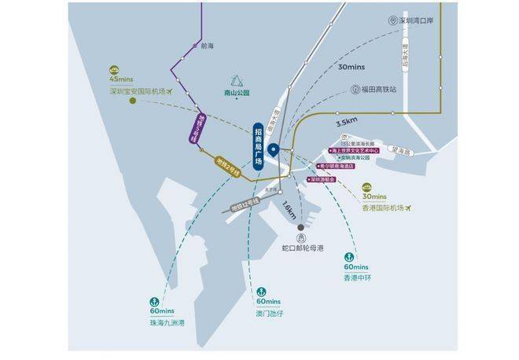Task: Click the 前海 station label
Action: pyautogui.click(x=208, y=46)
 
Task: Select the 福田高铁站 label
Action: pyautogui.click(x=379, y=90)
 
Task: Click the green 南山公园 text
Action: pyautogui.click(x=236, y=94)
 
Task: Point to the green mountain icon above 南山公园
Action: pyautogui.click(x=236, y=79)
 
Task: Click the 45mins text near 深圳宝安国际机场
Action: pyautogui.click(x=123, y=80)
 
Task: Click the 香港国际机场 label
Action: pyautogui.click(x=382, y=208)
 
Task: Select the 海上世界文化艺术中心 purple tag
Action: pyautogui.click(x=355, y=149)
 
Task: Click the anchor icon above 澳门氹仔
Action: pyautogui.click(x=261, y=292)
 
